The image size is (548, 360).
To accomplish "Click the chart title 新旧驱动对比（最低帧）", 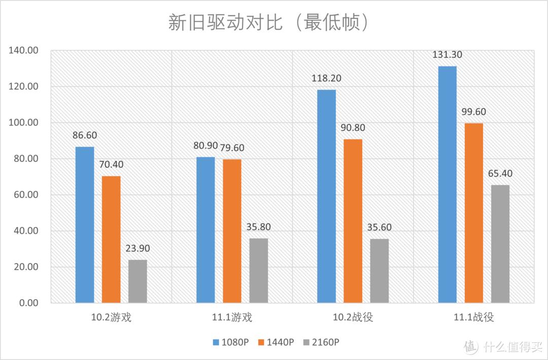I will [268, 23].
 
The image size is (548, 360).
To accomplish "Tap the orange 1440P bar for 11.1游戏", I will [232, 231].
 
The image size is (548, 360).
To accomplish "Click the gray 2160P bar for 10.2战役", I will [379, 271].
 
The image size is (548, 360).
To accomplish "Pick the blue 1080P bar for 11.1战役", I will [447, 185].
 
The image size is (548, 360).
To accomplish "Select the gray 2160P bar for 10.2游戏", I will [138, 281].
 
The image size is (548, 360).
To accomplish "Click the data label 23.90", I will [138, 249].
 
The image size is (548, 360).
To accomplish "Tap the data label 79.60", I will [232, 148].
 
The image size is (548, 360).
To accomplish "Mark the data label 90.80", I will [353, 128].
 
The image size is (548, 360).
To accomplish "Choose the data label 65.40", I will [500, 173].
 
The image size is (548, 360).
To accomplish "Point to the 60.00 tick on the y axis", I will [26, 195].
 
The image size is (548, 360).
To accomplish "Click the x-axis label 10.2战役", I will [353, 318].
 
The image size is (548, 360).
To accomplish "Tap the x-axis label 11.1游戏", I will [232, 318].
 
